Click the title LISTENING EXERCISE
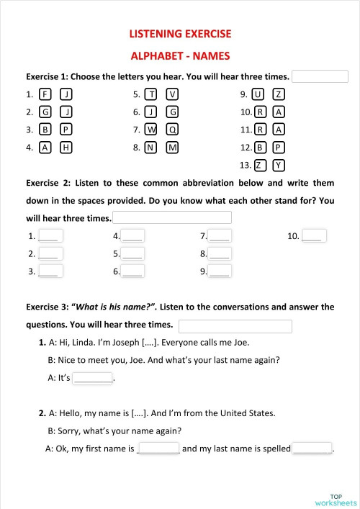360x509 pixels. click(x=180, y=34)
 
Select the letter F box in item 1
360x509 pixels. click(x=45, y=94)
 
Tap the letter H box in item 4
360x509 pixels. click(x=66, y=148)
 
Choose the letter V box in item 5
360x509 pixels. click(x=172, y=94)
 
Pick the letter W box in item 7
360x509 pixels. click(x=151, y=130)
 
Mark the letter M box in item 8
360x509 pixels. click(x=172, y=148)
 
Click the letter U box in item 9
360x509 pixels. click(x=258, y=94)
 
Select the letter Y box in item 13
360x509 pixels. click(x=279, y=165)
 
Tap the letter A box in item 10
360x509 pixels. click(x=279, y=112)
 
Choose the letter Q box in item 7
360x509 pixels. click(x=172, y=130)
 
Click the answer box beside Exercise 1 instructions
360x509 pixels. click(x=320, y=76)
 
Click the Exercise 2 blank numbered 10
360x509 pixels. click(x=315, y=235)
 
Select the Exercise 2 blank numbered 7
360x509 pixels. click(x=220, y=235)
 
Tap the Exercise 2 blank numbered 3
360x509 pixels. click(x=50, y=271)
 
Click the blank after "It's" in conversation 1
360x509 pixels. click(x=93, y=377)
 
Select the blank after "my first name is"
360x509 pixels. click(x=158, y=448)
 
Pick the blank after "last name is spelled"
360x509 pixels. click(x=312, y=448)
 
